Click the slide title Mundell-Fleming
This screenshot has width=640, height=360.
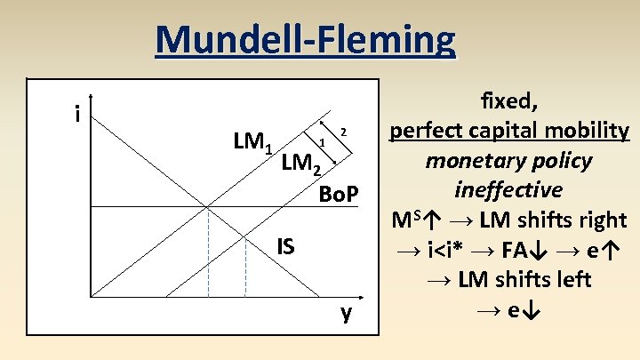(305, 39)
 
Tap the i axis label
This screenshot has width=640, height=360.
(79, 114)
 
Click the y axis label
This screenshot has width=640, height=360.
(345, 312)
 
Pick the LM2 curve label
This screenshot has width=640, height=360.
(300, 163)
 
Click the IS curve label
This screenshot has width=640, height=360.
(284, 244)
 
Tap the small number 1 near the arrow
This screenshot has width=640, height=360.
(322, 142)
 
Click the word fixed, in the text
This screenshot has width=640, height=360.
(508, 100)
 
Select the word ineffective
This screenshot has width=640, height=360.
(508, 189)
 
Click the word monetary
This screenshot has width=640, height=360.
(470, 160)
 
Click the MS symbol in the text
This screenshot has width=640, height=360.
(404, 220)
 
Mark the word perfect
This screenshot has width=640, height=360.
(425, 131)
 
